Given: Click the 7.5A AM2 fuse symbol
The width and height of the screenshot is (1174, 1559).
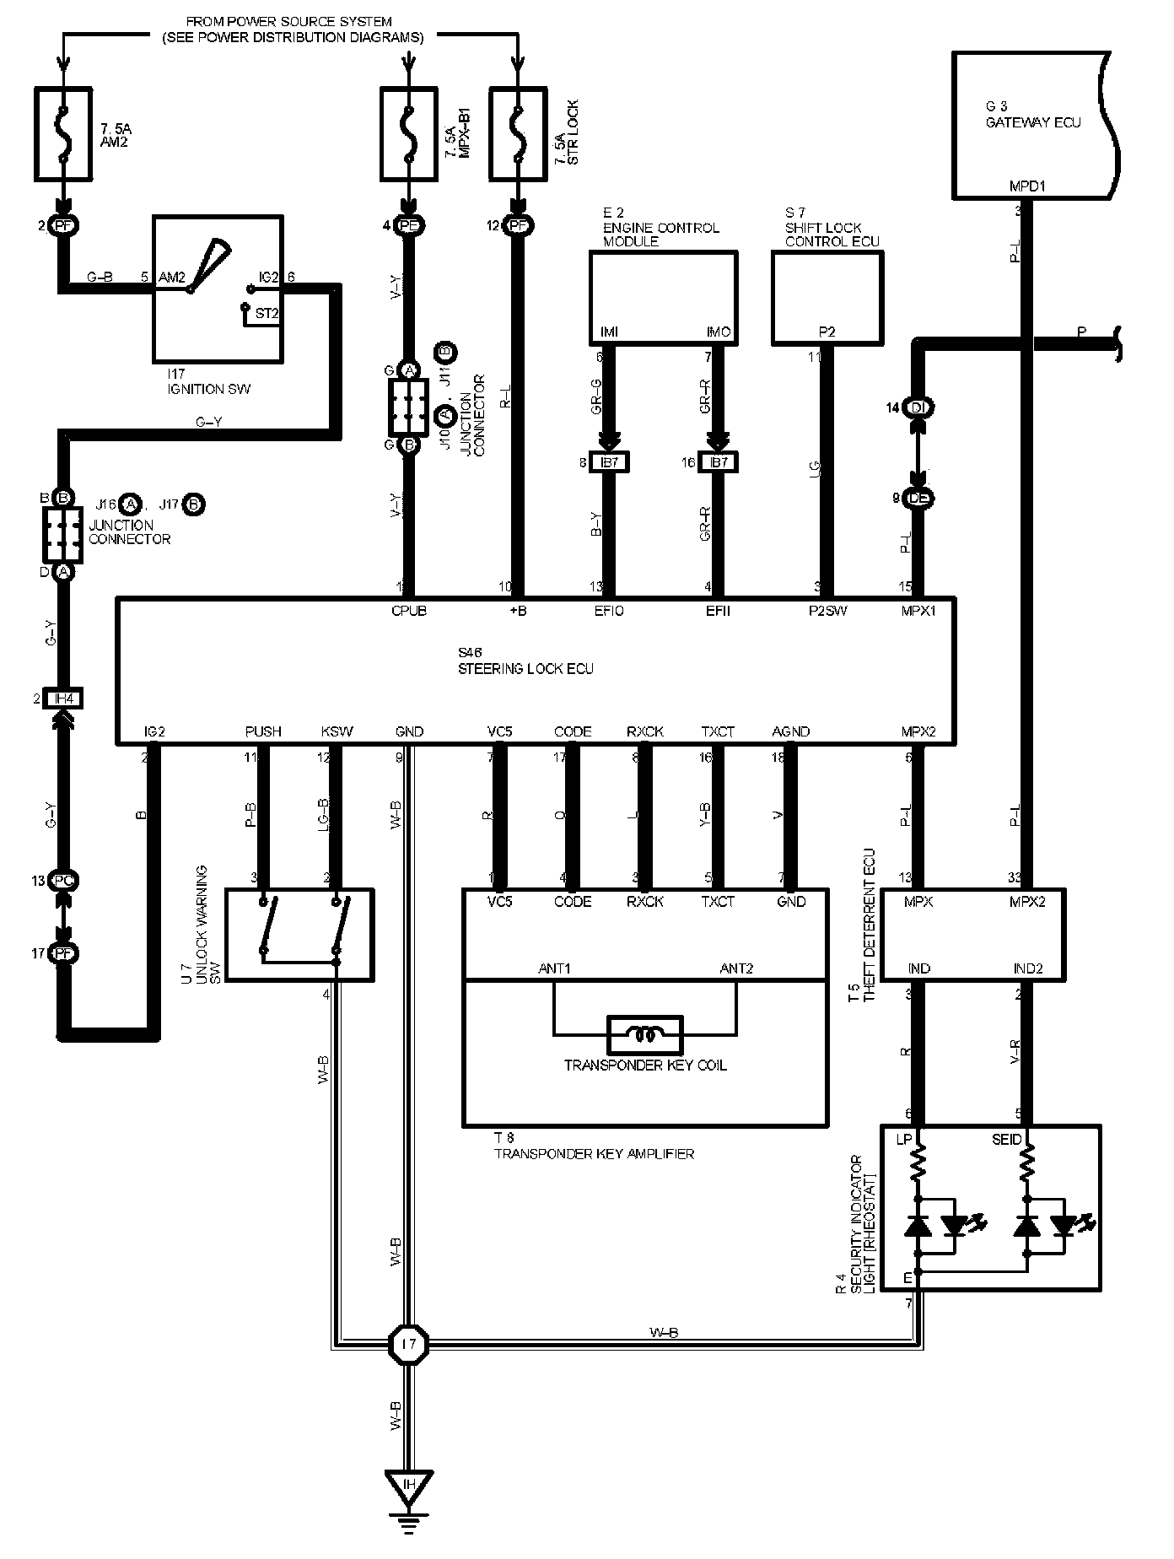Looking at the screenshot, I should [x=63, y=134].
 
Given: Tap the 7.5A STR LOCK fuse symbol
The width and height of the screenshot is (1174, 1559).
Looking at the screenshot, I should [x=516, y=134].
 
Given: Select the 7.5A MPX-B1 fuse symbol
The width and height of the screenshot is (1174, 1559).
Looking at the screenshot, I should [x=409, y=134].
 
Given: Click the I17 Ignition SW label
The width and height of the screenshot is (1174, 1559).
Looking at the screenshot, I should [x=210, y=383].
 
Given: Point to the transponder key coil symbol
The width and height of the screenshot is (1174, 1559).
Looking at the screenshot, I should [x=644, y=1033].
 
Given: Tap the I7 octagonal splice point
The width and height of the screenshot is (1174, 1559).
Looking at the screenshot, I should [x=409, y=1342].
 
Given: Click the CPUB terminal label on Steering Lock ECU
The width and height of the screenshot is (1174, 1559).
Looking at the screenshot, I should [x=409, y=611].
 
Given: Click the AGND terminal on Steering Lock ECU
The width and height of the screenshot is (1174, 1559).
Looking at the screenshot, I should [x=790, y=731].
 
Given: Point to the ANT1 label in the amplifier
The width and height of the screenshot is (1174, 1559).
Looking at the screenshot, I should [x=554, y=968].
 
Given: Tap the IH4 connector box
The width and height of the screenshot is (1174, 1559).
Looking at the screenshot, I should [x=63, y=699].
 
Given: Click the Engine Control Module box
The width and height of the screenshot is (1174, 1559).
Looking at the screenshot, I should [x=663, y=297].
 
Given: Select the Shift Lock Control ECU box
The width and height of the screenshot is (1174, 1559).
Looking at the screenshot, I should [x=827, y=297].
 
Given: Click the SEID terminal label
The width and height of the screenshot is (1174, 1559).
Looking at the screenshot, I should [x=1006, y=1139].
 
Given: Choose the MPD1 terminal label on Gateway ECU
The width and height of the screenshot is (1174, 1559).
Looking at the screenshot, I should [x=1026, y=186].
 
